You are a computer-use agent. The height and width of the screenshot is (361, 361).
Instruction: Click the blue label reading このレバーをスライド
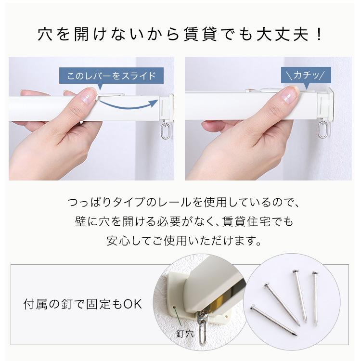click(111, 76)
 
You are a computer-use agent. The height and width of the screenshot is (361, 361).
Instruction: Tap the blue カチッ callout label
click(306, 75)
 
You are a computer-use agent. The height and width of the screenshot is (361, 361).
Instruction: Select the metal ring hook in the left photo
click(166, 131)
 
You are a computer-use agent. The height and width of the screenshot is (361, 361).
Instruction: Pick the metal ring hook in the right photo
click(323, 129)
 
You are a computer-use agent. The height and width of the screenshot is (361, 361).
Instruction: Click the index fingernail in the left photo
click(87, 96)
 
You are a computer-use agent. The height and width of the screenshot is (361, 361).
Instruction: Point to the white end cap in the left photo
click(166, 108)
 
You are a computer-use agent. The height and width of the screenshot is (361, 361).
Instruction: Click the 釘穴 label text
click(185, 334)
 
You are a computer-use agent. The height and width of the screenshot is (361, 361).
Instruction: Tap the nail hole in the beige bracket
click(174, 308)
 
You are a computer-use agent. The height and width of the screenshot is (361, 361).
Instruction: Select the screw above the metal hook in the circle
click(204, 314)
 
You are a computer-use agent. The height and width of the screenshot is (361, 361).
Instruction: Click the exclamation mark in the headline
click(319, 35)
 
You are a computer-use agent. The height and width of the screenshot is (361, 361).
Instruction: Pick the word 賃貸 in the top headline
click(200, 35)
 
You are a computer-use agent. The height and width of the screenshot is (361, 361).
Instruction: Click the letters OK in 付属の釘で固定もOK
click(133, 304)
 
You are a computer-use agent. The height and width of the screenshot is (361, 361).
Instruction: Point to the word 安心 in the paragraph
click(117, 241)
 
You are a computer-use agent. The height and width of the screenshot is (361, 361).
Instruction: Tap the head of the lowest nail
click(253, 307)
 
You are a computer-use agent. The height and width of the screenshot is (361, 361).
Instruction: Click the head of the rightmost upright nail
click(315, 273)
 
